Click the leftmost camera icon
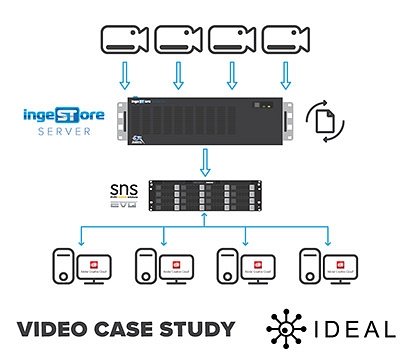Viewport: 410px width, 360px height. [125, 40]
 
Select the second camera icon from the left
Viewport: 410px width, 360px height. [181, 40]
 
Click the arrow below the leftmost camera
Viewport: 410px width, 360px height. [124, 76]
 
